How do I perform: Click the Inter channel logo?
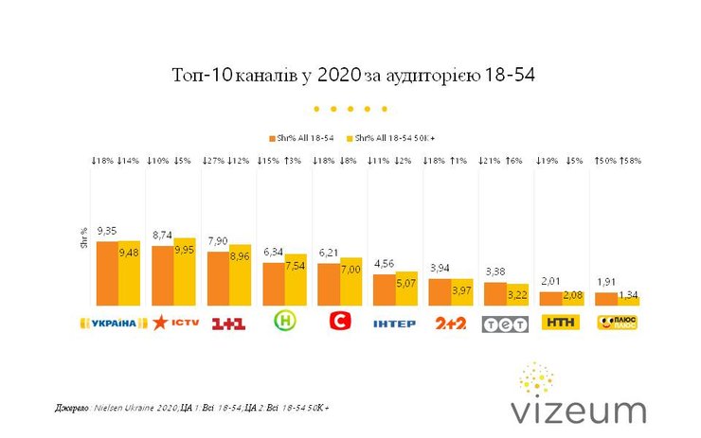396,324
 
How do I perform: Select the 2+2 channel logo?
450,324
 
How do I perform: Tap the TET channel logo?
505,324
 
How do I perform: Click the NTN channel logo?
560,323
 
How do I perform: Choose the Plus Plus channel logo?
617,324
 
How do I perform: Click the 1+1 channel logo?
228,324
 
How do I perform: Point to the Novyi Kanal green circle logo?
283,323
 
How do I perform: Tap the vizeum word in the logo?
578,410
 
